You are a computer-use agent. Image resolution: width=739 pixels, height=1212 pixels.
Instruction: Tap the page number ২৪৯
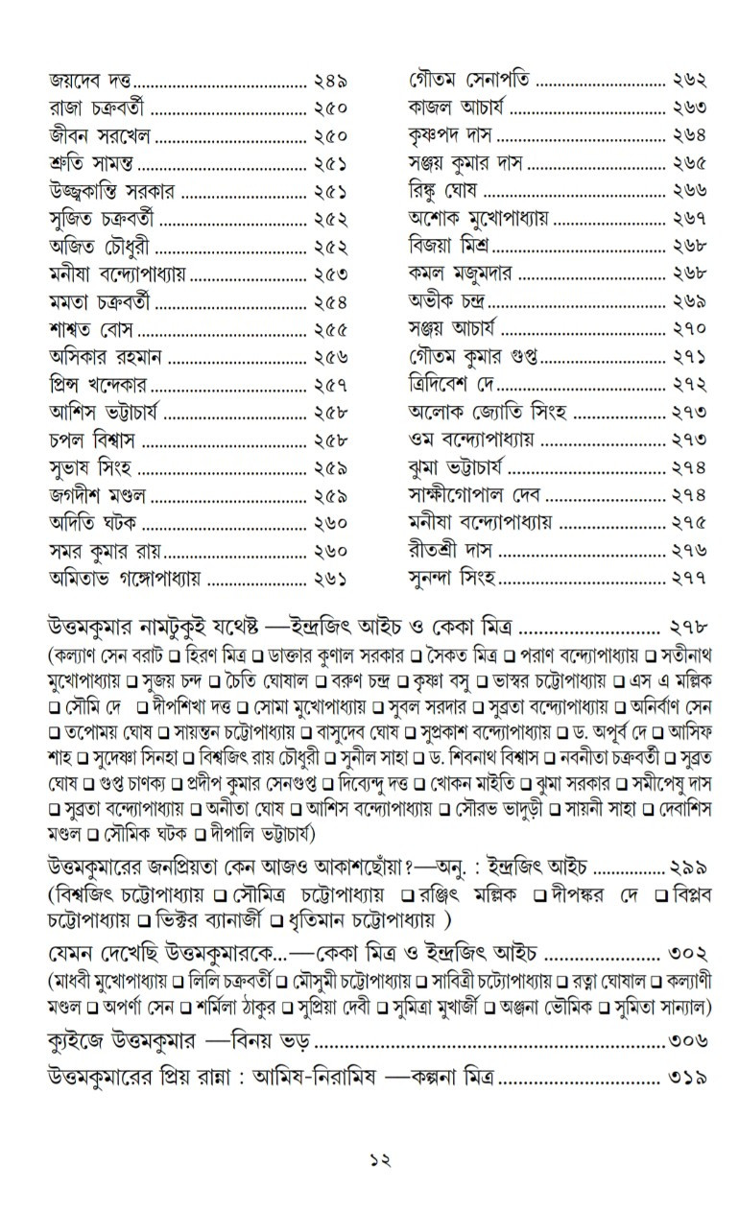pyautogui.click(x=330, y=81)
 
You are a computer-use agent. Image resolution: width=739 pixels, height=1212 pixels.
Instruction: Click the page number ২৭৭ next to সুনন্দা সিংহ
pyautogui.click(x=689, y=579)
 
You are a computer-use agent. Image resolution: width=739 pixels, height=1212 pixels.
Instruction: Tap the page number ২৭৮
pyautogui.click(x=689, y=629)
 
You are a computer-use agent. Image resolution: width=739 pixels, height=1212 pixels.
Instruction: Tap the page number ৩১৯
pyautogui.click(x=689, y=1077)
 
